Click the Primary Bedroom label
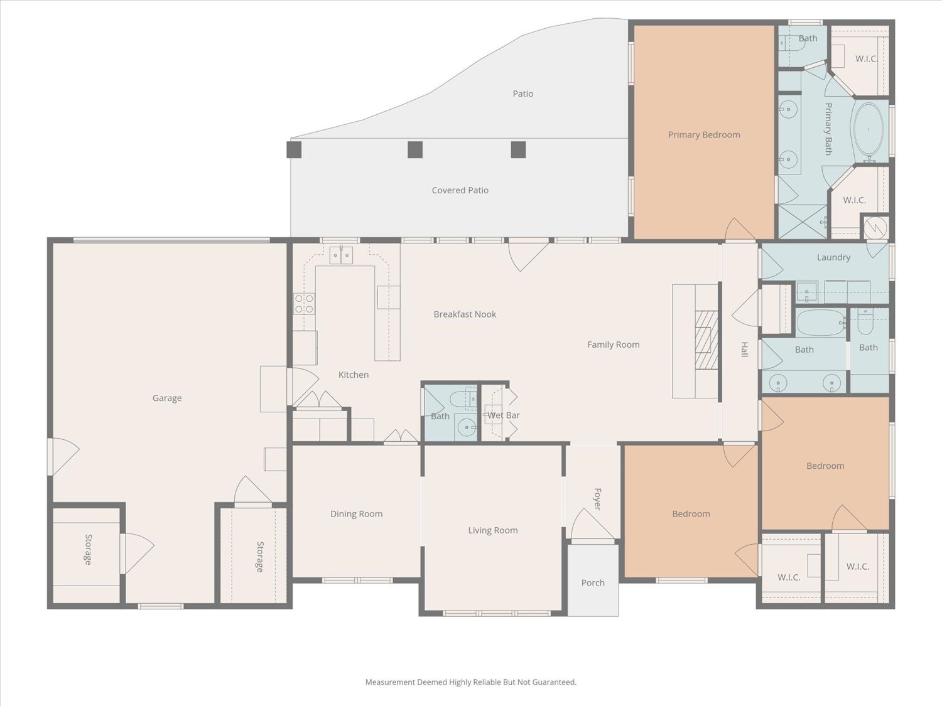[704, 134]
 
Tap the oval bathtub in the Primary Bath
[869, 129]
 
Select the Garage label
[167, 398]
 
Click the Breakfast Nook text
[465, 314]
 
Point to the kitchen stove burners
[305, 304]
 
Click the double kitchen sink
[341, 255]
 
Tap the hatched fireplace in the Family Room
[706, 340]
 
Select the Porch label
[593, 582]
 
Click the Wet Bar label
[504, 415]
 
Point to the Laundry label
[833, 257]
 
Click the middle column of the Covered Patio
[415, 149]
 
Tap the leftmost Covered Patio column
[294, 149]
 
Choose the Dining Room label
[356, 513]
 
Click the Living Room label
[493, 530]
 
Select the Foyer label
[597, 499]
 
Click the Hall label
[745, 350]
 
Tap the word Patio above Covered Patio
[523, 94]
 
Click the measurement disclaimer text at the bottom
[471, 682]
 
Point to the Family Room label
[614, 344]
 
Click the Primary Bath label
[829, 129]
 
